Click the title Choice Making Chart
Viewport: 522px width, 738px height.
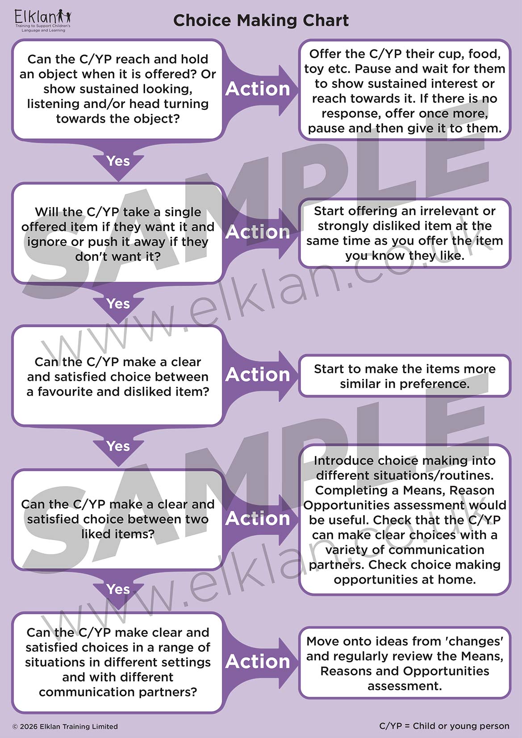point(261,21)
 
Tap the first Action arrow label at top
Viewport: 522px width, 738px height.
point(258,89)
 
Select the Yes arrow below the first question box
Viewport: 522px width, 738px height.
point(118,161)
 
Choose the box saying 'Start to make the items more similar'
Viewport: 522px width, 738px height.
point(405,376)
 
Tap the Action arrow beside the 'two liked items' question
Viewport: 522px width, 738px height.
point(258,518)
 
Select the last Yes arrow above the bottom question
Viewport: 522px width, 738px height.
point(118,589)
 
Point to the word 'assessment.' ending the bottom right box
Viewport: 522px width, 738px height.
point(405,686)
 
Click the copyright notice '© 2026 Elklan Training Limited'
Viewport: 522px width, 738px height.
point(65,726)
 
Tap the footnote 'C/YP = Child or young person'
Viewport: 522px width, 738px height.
point(444,726)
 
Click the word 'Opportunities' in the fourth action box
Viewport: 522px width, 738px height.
point(340,505)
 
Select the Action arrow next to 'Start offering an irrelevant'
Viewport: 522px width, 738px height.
point(258,232)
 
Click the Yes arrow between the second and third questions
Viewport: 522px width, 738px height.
point(118,304)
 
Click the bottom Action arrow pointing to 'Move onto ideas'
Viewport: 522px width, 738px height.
point(258,661)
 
